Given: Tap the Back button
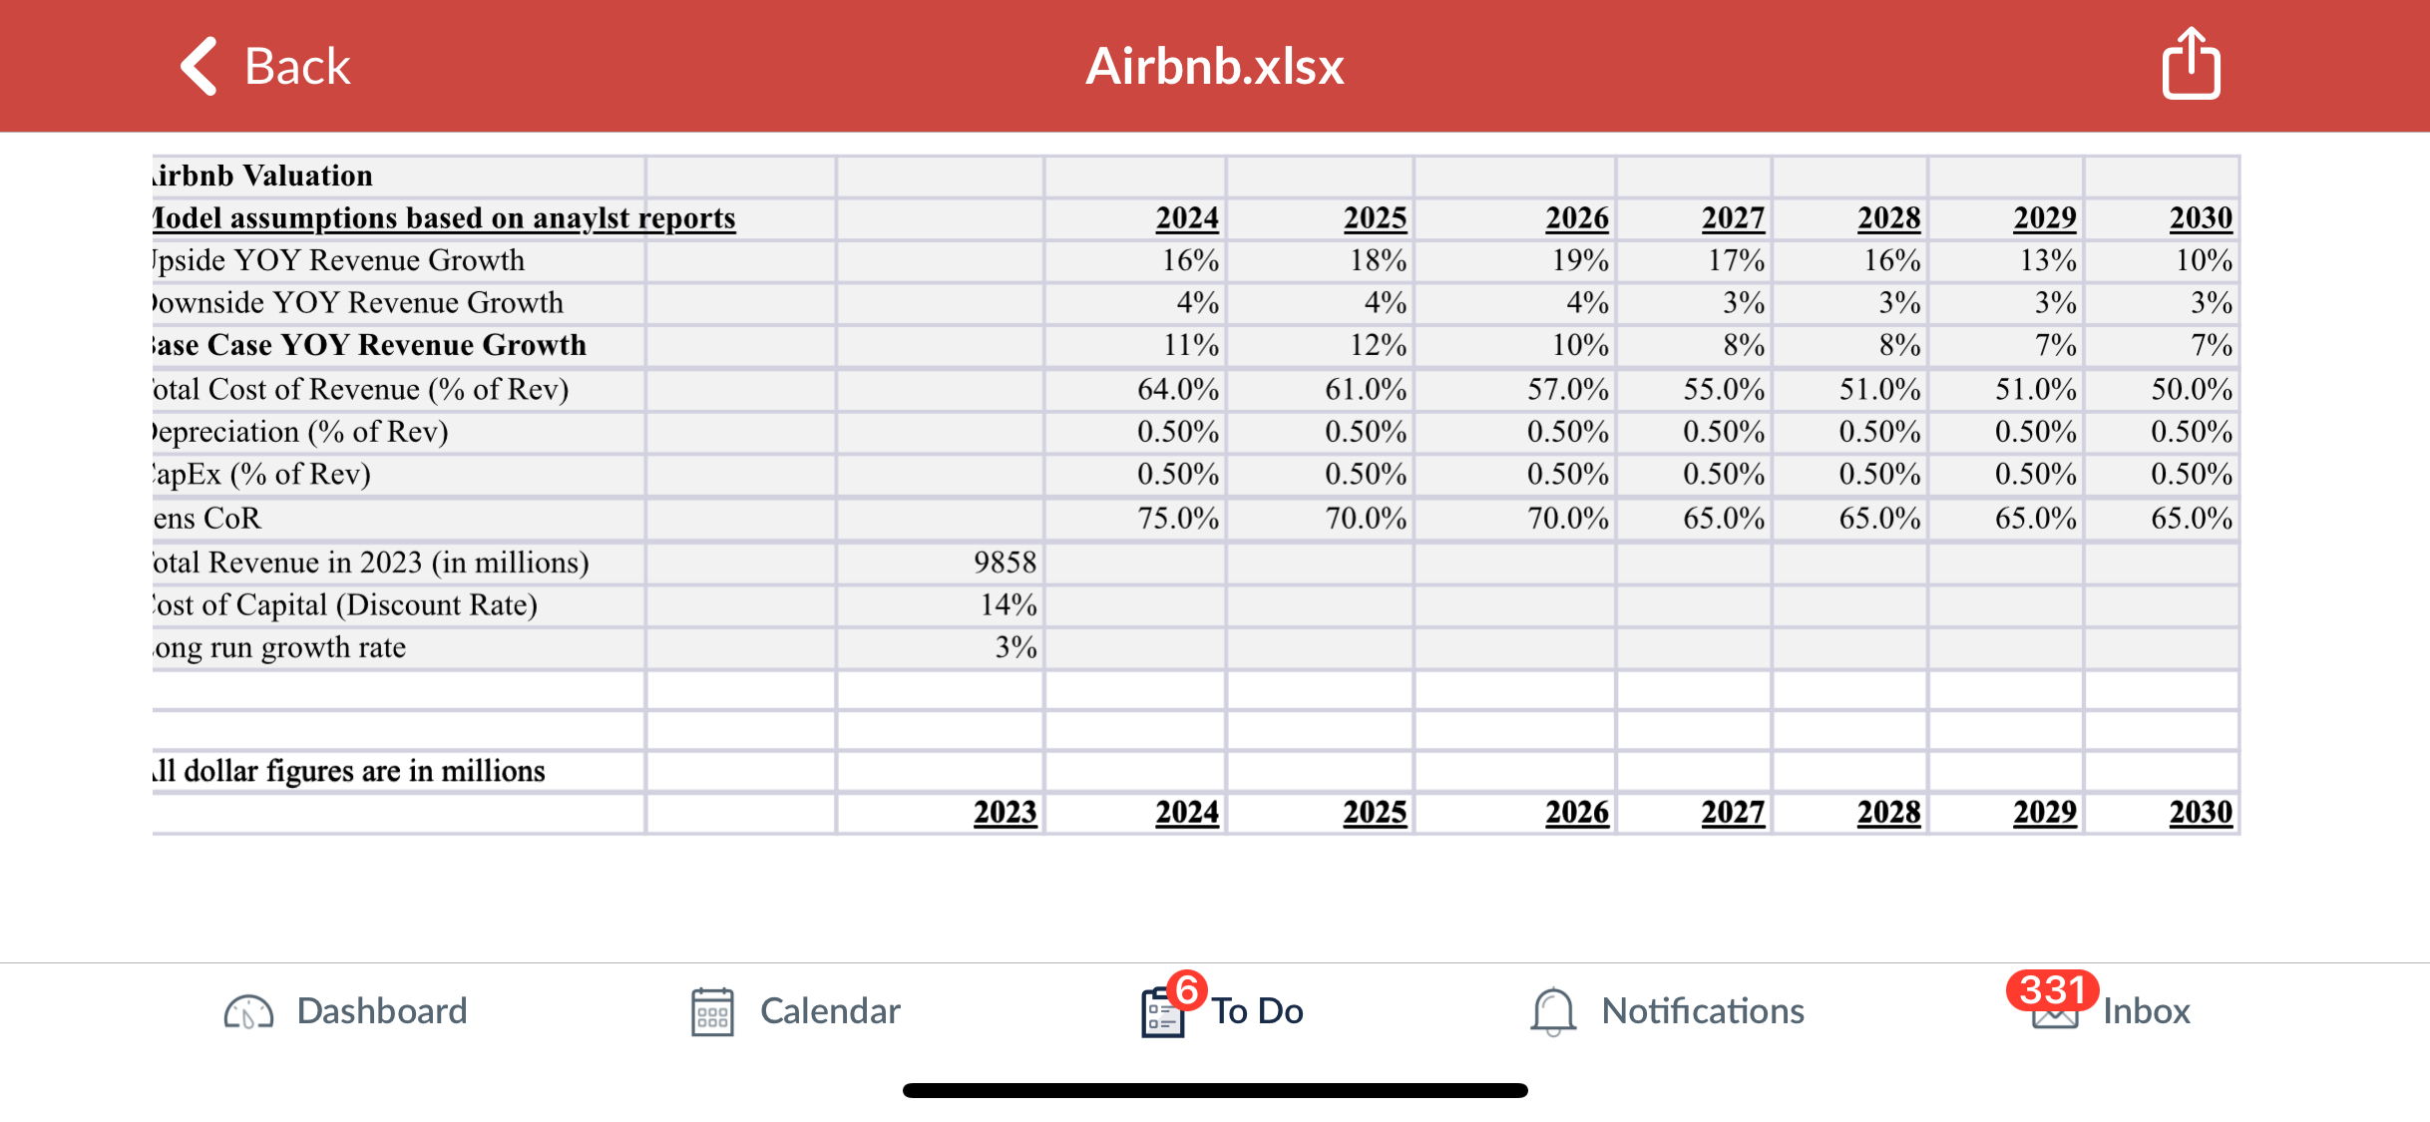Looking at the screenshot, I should click(265, 67).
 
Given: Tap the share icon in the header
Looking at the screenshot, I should click(2191, 65).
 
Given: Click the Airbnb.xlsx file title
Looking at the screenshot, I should click(1214, 67).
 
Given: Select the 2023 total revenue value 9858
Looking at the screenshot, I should click(1005, 562).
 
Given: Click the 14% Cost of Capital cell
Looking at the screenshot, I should click(1008, 605).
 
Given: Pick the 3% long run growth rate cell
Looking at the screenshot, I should click(1015, 648).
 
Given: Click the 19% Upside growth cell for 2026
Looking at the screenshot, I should click(1579, 261).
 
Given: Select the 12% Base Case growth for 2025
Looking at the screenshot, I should click(1378, 346).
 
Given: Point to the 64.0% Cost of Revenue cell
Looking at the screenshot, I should click(1177, 390).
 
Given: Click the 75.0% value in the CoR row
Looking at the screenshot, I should click(1177, 519).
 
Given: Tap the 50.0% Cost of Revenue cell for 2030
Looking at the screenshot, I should click(2191, 390).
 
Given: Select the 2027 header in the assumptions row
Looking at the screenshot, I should click(1733, 218).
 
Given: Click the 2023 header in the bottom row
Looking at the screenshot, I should click(1005, 813).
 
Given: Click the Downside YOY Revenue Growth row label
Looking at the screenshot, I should click(359, 303).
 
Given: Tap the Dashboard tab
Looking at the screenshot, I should click(345, 1011).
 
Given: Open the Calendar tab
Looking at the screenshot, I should click(796, 1011).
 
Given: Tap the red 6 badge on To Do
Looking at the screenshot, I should click(1187, 990).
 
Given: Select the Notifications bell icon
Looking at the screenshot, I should click(1552, 1011).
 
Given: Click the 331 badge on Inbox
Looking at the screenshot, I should click(2051, 990).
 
